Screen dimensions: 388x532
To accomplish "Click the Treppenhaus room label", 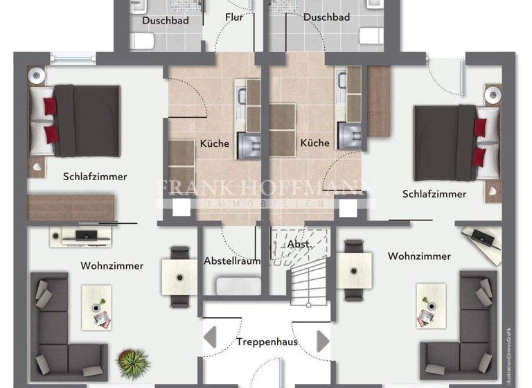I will coord(267,342).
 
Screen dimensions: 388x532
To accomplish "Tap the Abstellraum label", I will coord(231,261).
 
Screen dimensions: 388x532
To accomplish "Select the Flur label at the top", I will coord(234,17).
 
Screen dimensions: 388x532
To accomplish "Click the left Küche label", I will coord(215,143).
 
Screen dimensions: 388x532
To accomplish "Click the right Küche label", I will coord(314,143).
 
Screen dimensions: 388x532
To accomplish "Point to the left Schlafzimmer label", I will coord(95,177).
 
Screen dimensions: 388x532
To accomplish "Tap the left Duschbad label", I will coord(166,19).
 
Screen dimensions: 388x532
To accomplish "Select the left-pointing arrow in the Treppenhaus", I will coord(211,341).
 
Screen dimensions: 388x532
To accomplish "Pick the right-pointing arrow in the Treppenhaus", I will coord(323,341).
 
